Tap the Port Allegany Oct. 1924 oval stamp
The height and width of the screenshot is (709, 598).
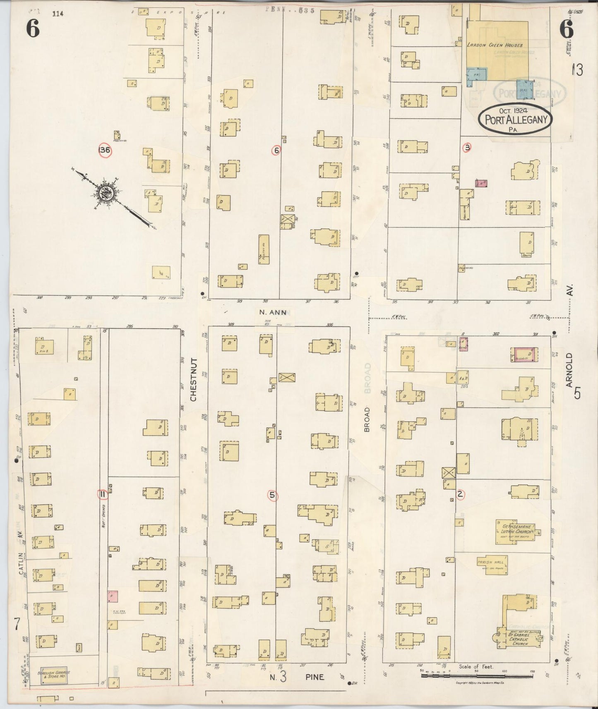pos(516,119)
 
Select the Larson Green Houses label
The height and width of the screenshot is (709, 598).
pos(495,45)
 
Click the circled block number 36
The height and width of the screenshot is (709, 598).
pos(105,150)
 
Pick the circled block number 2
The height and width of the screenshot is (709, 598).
pos(460,494)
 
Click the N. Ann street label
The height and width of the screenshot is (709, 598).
pos(272,312)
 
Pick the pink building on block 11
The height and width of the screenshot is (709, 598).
pos(113,596)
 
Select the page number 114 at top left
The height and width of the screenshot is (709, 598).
pos(58,14)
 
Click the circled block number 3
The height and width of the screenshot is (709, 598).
pos(467,147)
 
